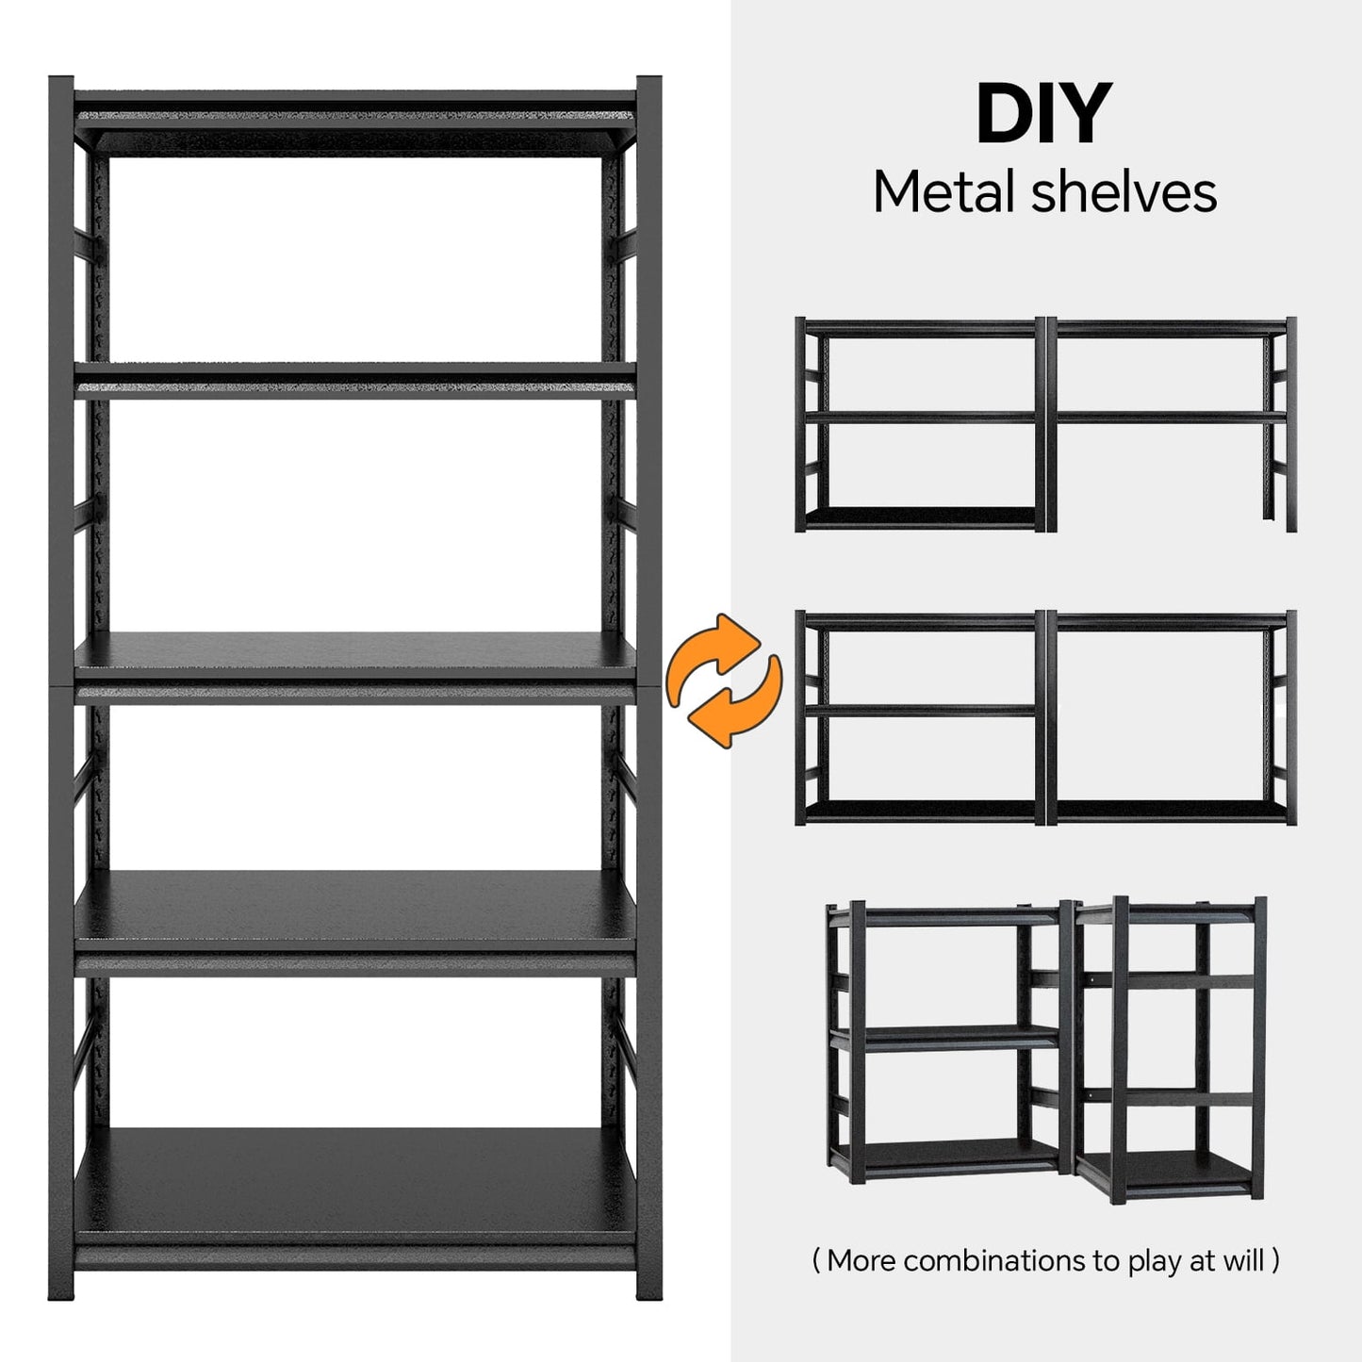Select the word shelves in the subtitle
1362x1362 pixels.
[x=1124, y=191]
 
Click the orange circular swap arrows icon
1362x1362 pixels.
[x=724, y=680]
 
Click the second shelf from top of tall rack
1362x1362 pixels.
[x=354, y=382]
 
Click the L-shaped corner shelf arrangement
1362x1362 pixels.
[x=1046, y=1053]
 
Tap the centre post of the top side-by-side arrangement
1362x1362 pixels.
[x=1046, y=424]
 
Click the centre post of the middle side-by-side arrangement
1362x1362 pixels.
[x=1046, y=717]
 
